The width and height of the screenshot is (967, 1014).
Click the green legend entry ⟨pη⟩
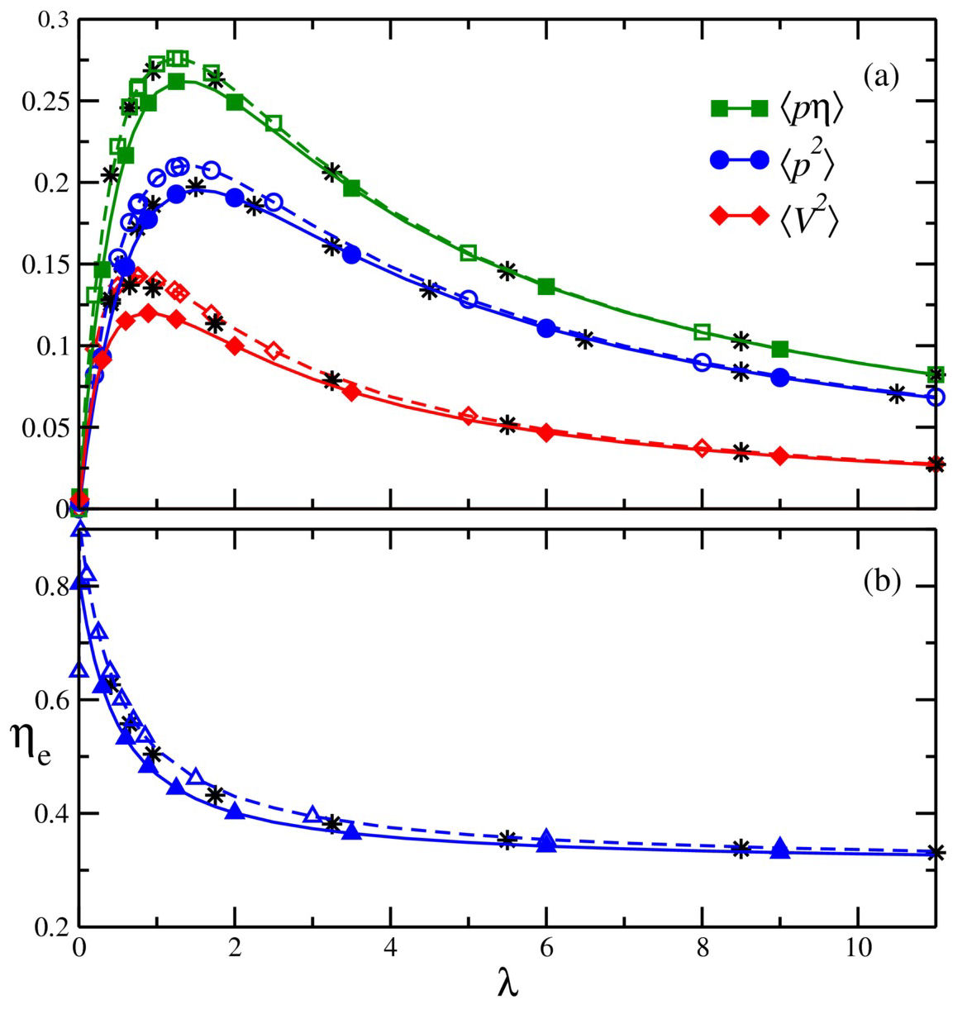776,109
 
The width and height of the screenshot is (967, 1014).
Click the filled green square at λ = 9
779,349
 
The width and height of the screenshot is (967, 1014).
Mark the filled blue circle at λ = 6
545,328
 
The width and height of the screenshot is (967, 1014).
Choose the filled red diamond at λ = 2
235,346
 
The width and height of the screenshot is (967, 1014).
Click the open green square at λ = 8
702,332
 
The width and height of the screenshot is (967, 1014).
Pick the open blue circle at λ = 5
468,300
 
